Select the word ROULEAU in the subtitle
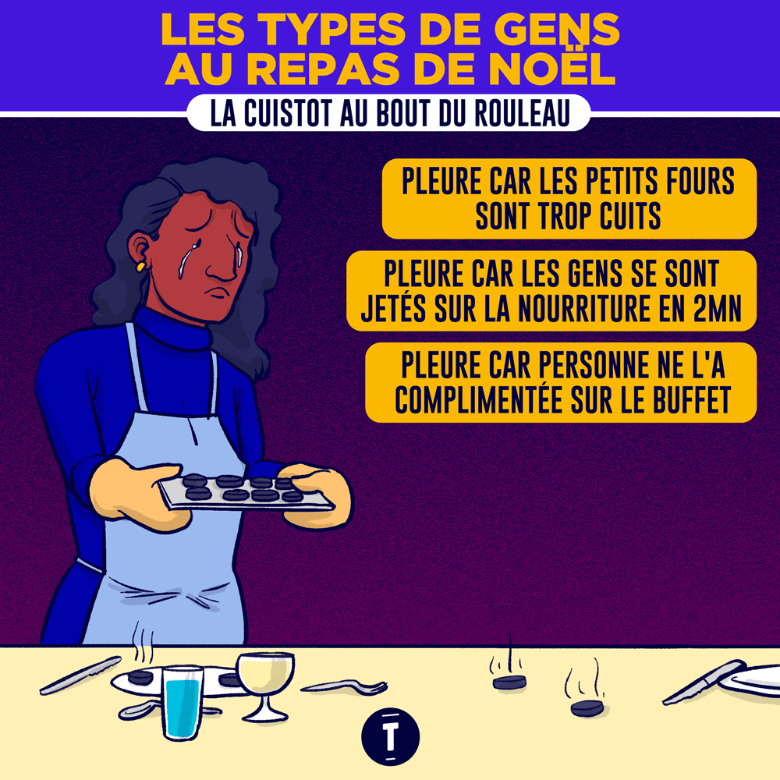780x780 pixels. tap(522, 113)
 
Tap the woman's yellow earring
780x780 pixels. tap(141, 266)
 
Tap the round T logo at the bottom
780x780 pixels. tap(391, 736)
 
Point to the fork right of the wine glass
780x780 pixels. tap(344, 687)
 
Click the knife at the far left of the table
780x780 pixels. tap(80, 675)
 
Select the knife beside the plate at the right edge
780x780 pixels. tap(704, 682)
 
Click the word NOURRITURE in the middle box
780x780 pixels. tap(585, 308)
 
